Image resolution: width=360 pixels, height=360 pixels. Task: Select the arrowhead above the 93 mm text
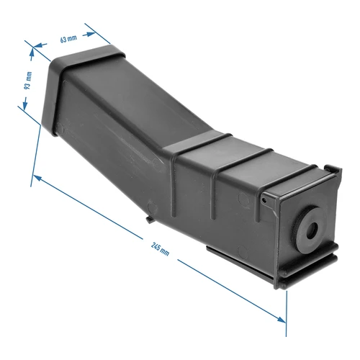tap(32, 50)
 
